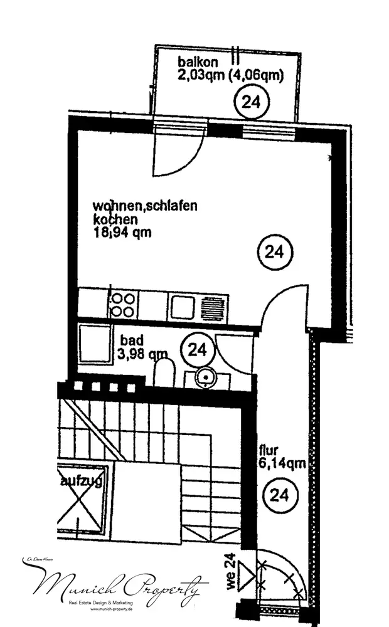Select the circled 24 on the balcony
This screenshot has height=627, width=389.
pos(250,103)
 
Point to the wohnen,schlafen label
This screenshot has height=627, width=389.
pos(146,206)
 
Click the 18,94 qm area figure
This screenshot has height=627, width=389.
pos(122,234)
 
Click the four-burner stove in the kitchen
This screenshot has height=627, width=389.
pos(122,305)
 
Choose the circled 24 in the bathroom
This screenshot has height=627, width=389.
pos(197,349)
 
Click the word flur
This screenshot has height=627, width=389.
pos(268,450)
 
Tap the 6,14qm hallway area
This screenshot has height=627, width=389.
pos(282,464)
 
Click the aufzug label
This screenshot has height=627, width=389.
pos(82,482)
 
